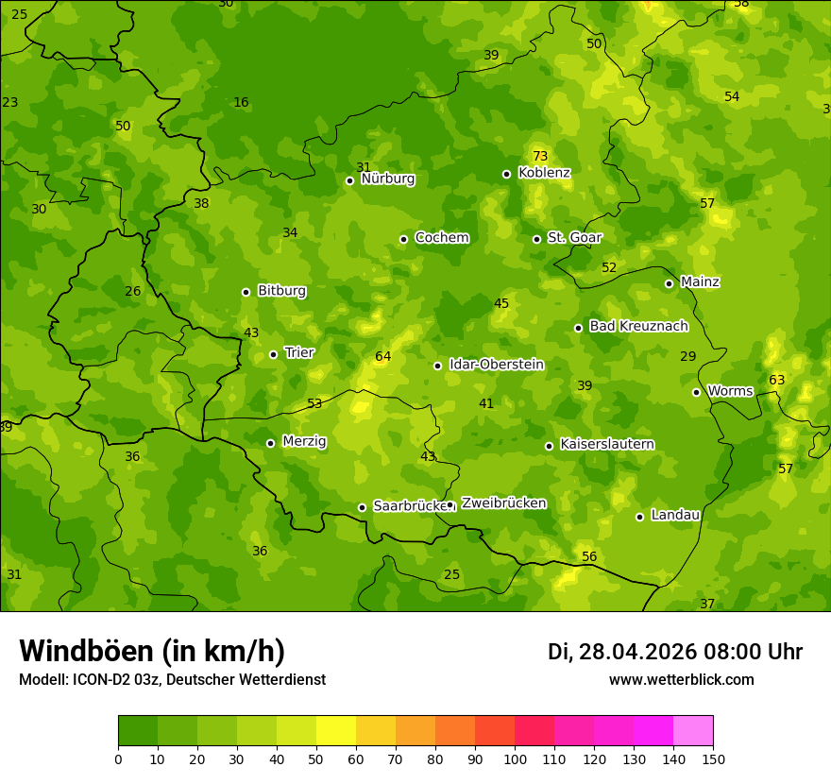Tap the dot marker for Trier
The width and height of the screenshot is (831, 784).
274,354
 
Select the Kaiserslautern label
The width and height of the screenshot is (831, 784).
607,444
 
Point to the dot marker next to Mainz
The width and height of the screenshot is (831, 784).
669,283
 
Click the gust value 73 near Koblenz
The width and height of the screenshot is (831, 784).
540,156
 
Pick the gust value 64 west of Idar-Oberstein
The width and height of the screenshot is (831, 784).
382,356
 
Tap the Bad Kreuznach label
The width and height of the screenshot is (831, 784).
638,326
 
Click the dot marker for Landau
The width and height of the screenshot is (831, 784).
639,517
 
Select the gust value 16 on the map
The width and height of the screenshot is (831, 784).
241,102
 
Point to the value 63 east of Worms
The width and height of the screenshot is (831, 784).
776,380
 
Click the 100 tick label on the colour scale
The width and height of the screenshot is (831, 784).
515,758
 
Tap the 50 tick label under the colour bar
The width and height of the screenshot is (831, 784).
316,758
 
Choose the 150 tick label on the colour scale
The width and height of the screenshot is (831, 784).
713,758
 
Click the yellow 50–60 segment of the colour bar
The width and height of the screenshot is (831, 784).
336,731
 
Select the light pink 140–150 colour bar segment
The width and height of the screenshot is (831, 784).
693,731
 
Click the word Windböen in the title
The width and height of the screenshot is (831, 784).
86,651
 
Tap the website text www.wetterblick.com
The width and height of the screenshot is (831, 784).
681,679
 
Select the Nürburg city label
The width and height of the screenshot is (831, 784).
387,179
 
